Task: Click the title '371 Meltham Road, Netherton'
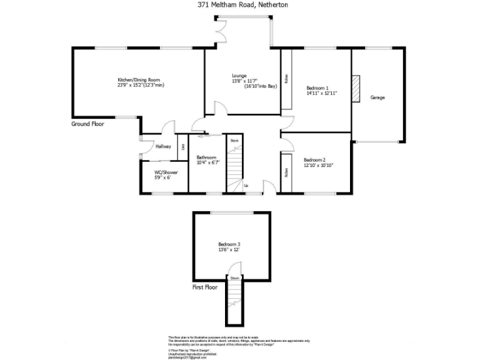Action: (x=240, y=4)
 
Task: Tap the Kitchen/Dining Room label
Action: (x=139, y=79)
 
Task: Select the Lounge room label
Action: (x=239, y=76)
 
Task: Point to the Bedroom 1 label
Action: (x=317, y=87)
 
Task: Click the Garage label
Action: (x=377, y=97)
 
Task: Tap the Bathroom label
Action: (x=206, y=157)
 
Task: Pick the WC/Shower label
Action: (x=166, y=172)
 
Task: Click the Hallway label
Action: (x=164, y=146)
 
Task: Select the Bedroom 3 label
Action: (x=229, y=244)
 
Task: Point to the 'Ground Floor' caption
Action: (x=87, y=124)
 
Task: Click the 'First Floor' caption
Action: (x=204, y=287)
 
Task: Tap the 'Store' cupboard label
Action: (x=234, y=141)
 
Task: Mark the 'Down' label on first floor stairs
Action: (x=235, y=278)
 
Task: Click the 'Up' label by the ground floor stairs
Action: (x=246, y=186)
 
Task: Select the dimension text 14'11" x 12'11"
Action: (x=321, y=93)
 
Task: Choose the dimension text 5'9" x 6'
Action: (x=162, y=177)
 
